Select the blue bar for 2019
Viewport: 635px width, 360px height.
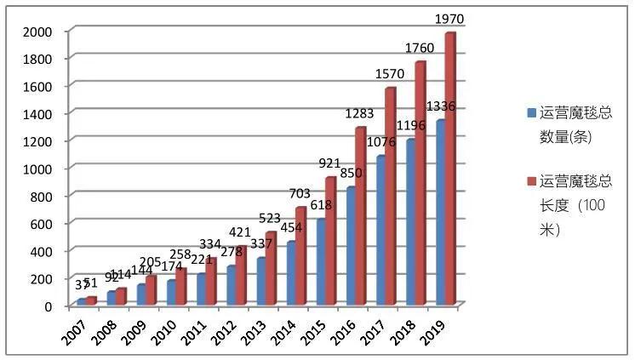click(440, 213)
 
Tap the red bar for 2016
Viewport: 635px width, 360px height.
click(361, 216)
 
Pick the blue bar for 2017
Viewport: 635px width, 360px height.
click(380, 231)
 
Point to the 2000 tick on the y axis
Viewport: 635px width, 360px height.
click(37, 31)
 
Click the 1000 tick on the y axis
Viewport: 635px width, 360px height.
click(37, 169)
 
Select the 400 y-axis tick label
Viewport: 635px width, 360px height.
click(41, 251)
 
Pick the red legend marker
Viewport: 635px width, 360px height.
click(531, 181)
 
